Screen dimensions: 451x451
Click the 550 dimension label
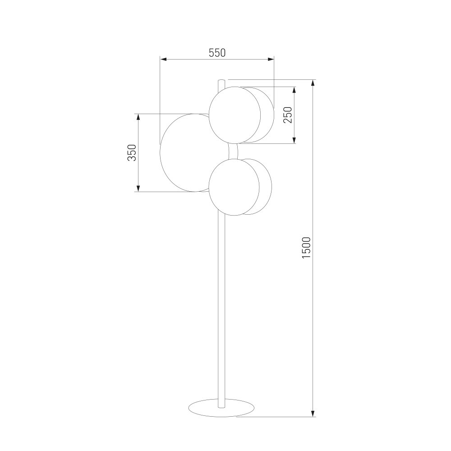(x=217, y=53)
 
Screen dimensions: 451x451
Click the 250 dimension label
(x=288, y=115)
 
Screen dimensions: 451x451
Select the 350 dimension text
(x=132, y=153)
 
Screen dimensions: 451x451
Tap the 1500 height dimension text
(x=306, y=248)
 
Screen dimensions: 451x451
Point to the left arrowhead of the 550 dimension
(x=164, y=60)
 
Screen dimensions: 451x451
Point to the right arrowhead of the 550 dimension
(x=271, y=60)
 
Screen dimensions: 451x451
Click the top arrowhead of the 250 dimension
(x=294, y=90)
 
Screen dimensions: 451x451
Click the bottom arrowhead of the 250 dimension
(x=294, y=140)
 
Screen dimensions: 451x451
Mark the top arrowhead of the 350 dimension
(x=138, y=117)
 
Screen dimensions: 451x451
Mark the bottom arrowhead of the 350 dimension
(x=138, y=189)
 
